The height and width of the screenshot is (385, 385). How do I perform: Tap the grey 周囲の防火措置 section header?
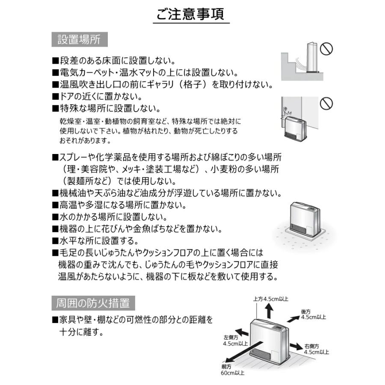pyautogui.click(x=93, y=303)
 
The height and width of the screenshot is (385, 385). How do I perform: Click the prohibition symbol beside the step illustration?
pyautogui.click(x=326, y=48)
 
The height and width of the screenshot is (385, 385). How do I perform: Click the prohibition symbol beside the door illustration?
pyautogui.click(x=326, y=103)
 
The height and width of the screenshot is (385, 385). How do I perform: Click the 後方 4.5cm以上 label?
pyautogui.click(x=313, y=314)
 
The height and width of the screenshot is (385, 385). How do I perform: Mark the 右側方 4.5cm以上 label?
pyautogui.click(x=316, y=349)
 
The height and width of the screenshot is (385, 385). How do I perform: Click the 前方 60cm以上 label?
pyautogui.click(x=233, y=370)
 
